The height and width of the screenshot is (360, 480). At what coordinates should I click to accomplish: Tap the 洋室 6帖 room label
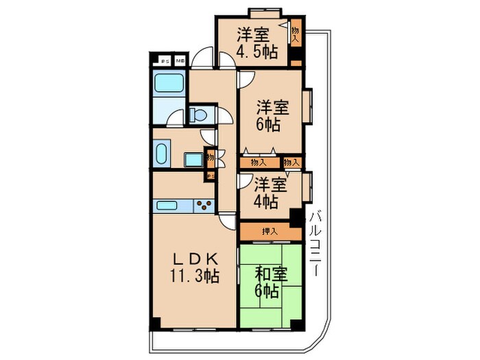(273, 115)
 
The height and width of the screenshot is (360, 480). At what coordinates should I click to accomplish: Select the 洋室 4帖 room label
(268, 193)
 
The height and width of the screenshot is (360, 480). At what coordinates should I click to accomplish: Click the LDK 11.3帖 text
(195, 267)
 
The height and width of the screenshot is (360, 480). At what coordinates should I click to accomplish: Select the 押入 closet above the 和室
(269, 232)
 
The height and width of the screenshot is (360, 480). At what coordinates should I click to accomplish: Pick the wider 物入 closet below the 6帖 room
(259, 163)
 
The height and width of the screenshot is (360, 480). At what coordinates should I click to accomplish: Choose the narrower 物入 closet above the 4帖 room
(291, 163)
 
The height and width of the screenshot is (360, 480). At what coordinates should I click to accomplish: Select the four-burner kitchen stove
(204, 204)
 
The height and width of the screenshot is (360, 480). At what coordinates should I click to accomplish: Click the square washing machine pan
(193, 159)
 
